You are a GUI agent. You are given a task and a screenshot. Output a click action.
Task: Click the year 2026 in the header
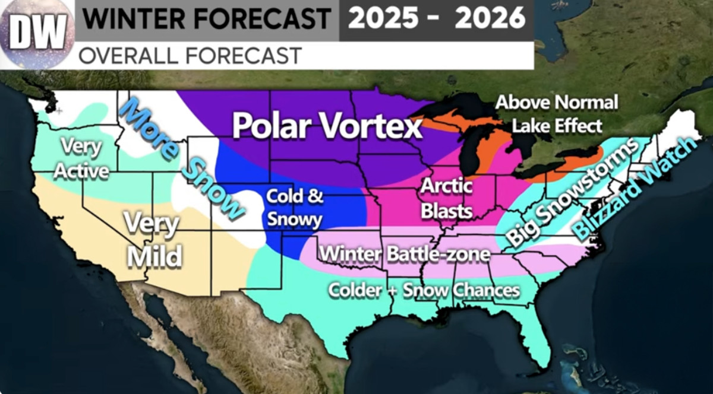coord(490,18)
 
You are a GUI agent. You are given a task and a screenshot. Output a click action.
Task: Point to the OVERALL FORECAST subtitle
coord(190,56)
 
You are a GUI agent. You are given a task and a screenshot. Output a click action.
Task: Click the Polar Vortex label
coord(327,126)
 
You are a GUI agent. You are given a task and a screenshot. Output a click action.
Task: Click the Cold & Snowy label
coord(294,208)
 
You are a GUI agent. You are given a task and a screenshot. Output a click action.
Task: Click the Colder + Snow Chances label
coord(424,290)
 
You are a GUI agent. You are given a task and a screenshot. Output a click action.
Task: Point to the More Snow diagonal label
coord(181,157)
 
